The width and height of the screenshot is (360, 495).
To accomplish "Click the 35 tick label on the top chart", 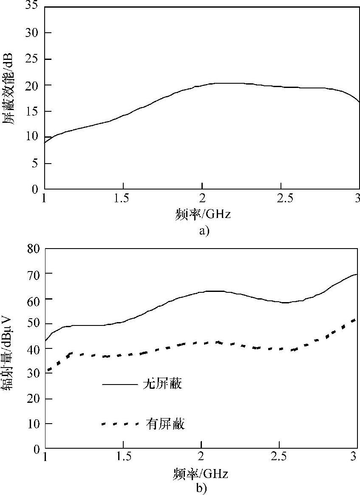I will (34, 7).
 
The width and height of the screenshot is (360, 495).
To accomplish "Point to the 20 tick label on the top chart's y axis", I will (34, 85).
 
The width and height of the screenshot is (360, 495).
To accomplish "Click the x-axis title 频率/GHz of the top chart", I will (202, 214).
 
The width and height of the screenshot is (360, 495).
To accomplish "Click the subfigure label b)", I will (201, 489).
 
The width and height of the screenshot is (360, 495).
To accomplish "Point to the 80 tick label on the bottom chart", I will (34, 249).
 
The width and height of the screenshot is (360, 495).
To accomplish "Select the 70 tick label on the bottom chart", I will (34, 274).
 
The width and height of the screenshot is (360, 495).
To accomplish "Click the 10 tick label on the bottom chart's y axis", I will (34, 424).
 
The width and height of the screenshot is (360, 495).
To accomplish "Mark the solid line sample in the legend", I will (120, 385).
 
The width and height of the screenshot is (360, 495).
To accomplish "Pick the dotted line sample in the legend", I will (120, 424).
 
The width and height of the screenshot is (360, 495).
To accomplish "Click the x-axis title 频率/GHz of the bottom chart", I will (201, 473).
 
